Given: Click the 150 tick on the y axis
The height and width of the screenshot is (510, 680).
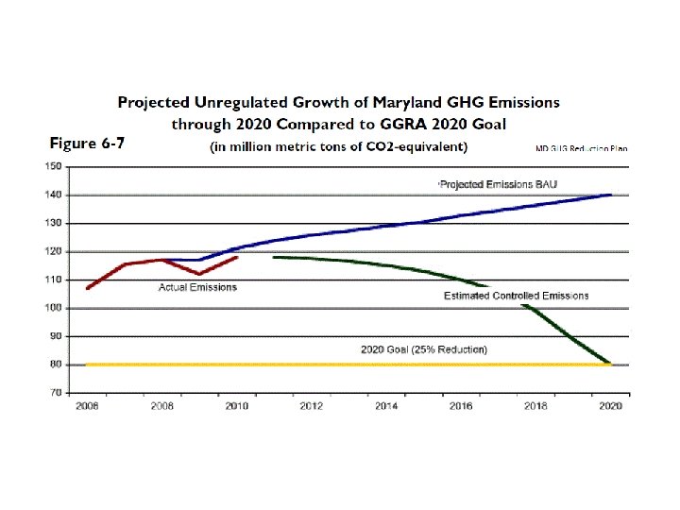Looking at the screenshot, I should [x=54, y=166].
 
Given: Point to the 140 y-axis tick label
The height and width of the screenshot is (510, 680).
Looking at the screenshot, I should [x=54, y=195].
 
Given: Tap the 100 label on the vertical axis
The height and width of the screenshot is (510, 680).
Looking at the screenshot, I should [x=54, y=308].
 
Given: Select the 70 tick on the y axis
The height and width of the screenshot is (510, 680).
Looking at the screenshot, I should [x=56, y=392].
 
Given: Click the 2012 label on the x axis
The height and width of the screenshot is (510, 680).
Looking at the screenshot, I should [x=312, y=405].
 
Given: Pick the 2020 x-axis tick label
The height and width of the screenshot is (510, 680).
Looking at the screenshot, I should [x=611, y=405].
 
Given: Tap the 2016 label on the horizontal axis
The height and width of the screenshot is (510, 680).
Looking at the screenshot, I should [x=461, y=405].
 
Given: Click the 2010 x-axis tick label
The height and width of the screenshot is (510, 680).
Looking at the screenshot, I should [x=237, y=405].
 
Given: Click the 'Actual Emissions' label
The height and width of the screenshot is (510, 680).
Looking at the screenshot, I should [x=197, y=287].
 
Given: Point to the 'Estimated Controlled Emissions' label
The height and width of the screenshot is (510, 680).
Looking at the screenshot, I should [x=516, y=296].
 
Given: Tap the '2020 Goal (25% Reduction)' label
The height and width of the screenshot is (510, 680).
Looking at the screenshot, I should [x=424, y=349].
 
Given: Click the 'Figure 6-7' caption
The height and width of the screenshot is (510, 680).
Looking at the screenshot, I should [x=87, y=144].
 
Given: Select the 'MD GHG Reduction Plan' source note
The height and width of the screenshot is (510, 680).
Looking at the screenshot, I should [x=581, y=148].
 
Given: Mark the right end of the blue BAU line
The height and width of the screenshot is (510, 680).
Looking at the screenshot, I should [x=611, y=195].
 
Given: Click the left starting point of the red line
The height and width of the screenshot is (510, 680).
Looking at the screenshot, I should [x=87, y=288].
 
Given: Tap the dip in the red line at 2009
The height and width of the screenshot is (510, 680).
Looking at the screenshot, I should [x=199, y=274].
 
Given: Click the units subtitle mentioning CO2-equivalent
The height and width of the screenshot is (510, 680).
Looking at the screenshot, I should [x=337, y=146].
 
